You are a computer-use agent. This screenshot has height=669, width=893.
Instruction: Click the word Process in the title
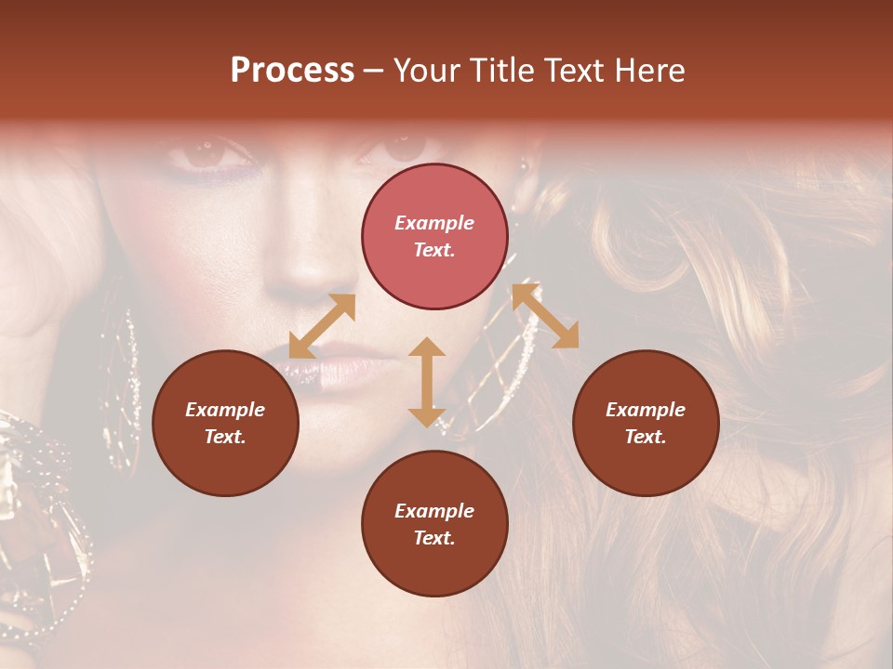pos(292,71)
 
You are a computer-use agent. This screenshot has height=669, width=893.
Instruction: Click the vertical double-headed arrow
pos(426,382)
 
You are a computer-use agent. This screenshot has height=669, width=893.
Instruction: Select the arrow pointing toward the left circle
pos(322,326)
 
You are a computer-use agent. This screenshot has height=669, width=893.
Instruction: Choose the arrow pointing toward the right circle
pos(545,316)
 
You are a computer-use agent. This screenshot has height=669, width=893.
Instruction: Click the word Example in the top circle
pos(434,223)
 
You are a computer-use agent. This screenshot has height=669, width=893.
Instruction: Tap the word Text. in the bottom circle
pos(434,538)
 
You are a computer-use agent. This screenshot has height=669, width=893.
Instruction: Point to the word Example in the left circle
pos(225,410)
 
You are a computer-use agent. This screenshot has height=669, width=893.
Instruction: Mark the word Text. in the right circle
pos(646,437)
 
